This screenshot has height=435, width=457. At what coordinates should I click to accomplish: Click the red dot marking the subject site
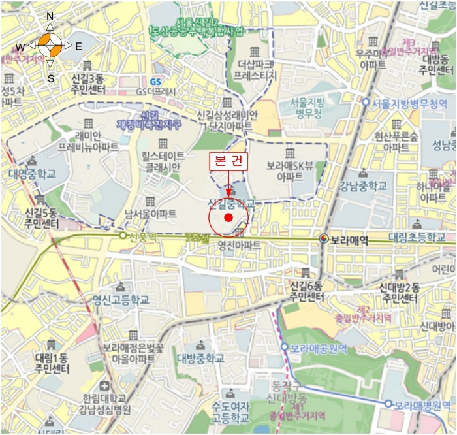tap(228, 217)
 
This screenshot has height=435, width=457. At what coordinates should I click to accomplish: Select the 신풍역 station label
tap(142, 235)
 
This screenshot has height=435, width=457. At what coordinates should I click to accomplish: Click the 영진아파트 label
tap(239, 245)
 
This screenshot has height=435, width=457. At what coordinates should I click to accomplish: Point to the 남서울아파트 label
tap(151, 214)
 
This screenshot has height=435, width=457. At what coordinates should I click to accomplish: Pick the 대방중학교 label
tap(201, 358)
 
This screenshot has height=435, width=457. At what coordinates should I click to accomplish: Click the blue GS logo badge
tap(155, 82)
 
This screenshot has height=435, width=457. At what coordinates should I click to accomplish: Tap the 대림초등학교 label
tap(421, 237)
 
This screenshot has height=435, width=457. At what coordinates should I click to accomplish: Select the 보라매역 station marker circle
tap(324, 240)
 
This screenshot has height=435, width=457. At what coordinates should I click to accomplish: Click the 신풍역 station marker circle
tap(122, 235)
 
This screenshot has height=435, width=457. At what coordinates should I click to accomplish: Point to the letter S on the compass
tap(50, 78)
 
